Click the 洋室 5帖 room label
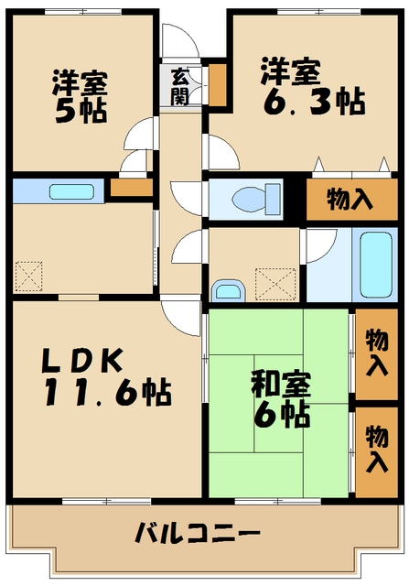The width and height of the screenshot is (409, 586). pyautogui.click(x=79, y=94)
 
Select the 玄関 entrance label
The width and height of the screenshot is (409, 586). pyautogui.click(x=180, y=86)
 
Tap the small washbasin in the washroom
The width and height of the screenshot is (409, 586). pyautogui.click(x=227, y=291)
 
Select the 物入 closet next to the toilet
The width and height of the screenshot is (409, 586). pyautogui.click(x=350, y=199)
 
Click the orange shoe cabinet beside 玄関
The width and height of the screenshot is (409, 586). pyautogui.click(x=219, y=83)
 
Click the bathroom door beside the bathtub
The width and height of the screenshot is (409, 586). pyautogui.click(x=320, y=247)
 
